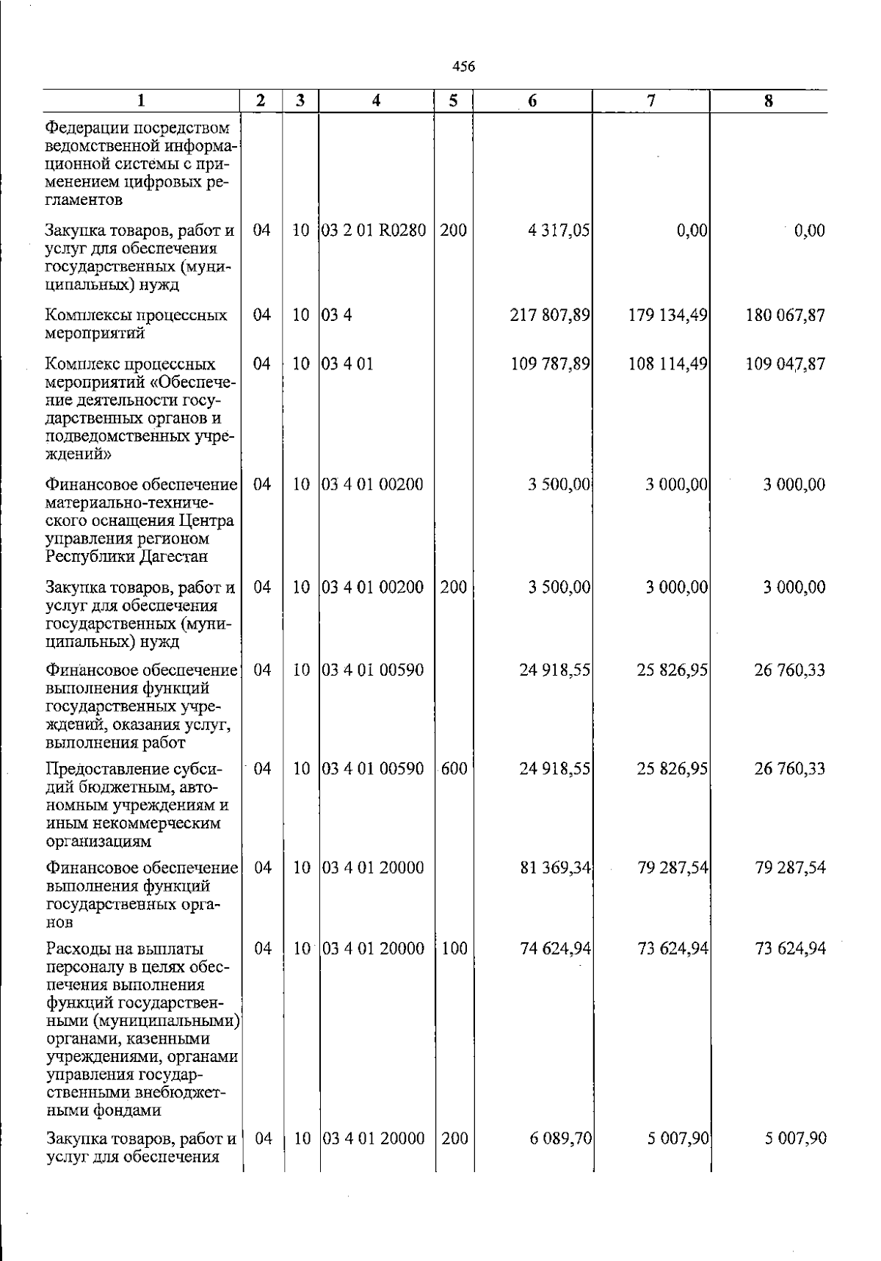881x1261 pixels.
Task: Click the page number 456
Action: [x=463, y=67]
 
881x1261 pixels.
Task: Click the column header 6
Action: [x=532, y=101]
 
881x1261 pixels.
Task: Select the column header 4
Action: [x=376, y=101]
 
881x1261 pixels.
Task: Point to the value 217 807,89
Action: [x=551, y=316]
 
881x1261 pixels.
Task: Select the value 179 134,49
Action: [x=668, y=316]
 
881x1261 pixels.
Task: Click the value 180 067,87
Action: [x=786, y=316]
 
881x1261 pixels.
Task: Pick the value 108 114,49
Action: [x=668, y=364]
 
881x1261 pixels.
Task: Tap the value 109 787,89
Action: [x=551, y=364]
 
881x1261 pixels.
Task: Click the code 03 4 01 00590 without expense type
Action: [x=373, y=671]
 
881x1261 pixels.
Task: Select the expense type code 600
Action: [x=454, y=769]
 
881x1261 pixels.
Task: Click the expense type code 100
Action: [x=454, y=949]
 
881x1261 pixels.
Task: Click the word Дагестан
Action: [x=173, y=557]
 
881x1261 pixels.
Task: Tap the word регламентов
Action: [x=84, y=200]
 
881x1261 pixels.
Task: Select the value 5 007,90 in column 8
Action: [x=796, y=1139]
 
